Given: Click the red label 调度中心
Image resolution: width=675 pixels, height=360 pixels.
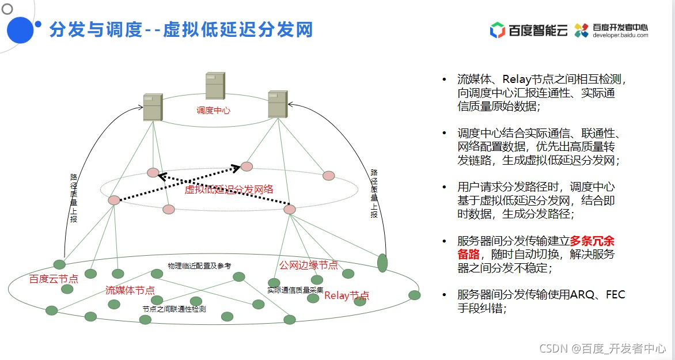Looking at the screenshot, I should (213, 110).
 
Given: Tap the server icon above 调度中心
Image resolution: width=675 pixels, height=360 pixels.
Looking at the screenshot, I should (215, 86).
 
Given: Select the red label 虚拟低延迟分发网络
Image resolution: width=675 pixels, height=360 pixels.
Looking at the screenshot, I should (229, 190).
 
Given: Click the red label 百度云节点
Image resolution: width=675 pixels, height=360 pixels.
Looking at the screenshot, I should (54, 279).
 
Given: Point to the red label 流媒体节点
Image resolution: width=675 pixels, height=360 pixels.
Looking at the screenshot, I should (130, 290).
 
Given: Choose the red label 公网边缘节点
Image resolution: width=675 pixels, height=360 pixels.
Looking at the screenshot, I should (309, 265).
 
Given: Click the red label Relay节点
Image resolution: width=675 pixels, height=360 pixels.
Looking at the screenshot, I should (346, 295).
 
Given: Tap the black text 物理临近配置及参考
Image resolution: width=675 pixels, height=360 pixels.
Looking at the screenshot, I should (199, 266).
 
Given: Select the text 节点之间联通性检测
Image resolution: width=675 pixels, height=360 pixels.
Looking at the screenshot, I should (174, 309).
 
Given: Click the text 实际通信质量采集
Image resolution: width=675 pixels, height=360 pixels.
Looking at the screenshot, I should (295, 290).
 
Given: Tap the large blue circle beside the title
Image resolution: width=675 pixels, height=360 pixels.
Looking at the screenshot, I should (21, 30).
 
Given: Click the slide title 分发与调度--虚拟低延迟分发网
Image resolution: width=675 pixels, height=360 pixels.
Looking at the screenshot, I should (181, 29).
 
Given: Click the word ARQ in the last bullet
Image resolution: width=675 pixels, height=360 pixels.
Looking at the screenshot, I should (585, 295).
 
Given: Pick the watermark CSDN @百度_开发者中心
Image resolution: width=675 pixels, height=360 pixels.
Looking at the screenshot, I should (602, 348).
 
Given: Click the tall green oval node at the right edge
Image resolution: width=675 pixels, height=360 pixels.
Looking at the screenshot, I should (382, 263).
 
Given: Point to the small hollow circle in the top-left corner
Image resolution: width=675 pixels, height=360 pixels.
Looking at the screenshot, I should (7, 9).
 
